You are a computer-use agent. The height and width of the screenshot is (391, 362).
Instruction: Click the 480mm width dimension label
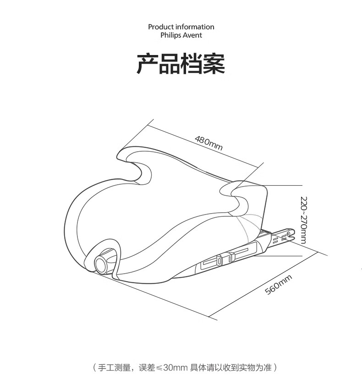(x=208, y=143)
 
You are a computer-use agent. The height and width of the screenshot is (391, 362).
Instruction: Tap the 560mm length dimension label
(x=279, y=285)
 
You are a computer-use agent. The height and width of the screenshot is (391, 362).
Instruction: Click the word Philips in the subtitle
(x=170, y=35)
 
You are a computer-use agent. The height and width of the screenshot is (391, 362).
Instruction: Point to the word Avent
(x=192, y=35)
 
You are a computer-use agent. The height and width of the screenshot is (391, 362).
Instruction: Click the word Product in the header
(x=161, y=27)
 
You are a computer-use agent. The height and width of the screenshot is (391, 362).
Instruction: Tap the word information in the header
(x=195, y=27)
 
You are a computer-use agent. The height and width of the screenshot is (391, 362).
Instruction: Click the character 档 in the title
(x=192, y=64)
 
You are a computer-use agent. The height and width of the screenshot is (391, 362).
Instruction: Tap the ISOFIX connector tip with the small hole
(x=287, y=234)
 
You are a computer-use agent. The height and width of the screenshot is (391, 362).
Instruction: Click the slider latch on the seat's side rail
(x=220, y=260)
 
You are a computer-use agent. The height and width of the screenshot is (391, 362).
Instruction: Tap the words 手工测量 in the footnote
(x=112, y=368)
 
